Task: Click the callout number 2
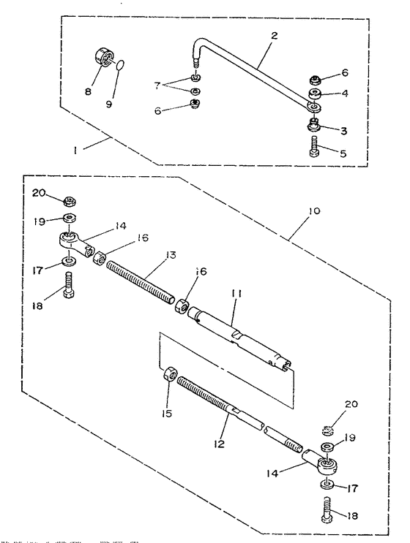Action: [x=274, y=35]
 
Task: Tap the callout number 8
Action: [x=88, y=91]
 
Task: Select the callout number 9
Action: [x=109, y=104]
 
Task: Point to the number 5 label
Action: [x=343, y=153]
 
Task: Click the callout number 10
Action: [x=314, y=210]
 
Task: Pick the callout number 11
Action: [x=236, y=294]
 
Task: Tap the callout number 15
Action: [x=167, y=413]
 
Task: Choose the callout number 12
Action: [x=219, y=444]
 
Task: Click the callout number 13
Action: [x=171, y=255]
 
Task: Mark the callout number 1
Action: [x=75, y=151]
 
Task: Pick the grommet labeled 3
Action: [x=314, y=125]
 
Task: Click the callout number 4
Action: [x=344, y=93]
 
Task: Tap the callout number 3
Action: [x=343, y=131]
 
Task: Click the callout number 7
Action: [x=157, y=86]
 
